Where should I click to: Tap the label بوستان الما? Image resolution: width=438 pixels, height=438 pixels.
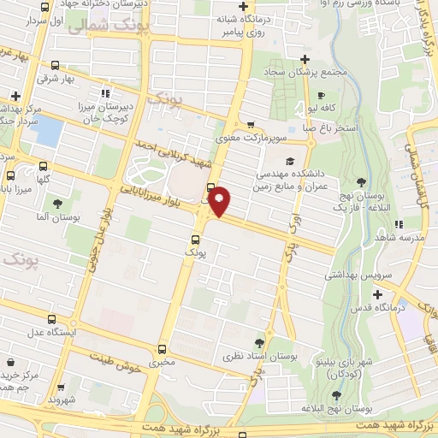pyautogui.click(x=56, y=216)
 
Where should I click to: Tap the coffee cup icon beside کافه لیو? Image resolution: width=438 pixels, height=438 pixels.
pyautogui.click(x=322, y=96)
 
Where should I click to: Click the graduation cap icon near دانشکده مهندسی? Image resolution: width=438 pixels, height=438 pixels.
pyautogui.click(x=290, y=160)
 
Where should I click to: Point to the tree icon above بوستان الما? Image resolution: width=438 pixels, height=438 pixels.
pyautogui.click(x=57, y=204)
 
